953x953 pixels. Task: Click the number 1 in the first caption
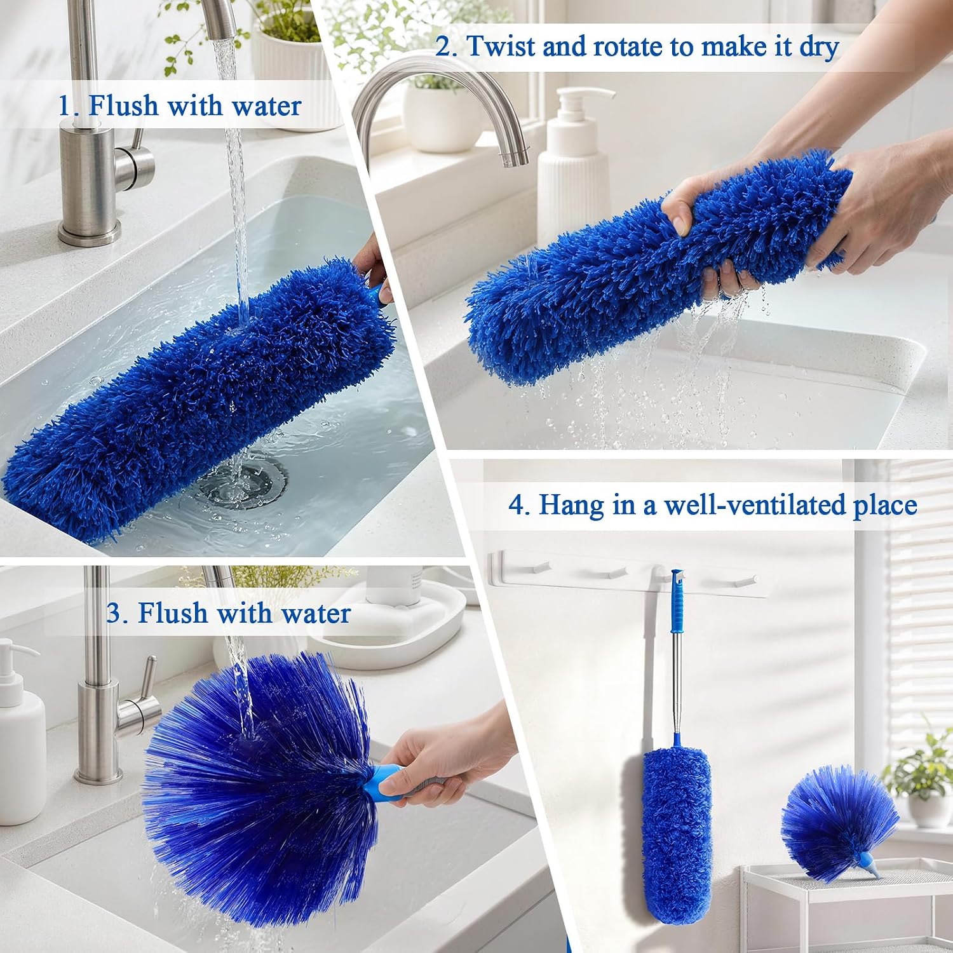click(64, 105)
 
